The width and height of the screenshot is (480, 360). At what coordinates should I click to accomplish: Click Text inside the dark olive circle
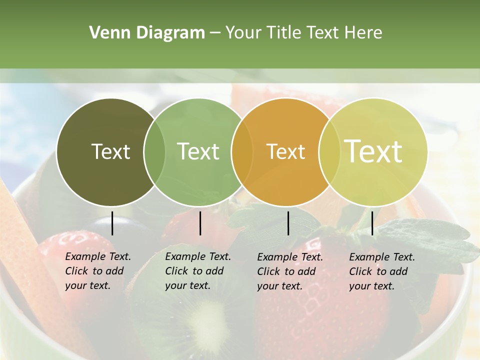click(x=110, y=151)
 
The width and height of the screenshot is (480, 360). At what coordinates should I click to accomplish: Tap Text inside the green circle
click(x=198, y=151)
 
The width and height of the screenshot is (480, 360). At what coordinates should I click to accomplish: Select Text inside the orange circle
click(x=285, y=151)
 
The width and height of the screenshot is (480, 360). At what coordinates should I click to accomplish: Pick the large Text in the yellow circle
click(x=373, y=151)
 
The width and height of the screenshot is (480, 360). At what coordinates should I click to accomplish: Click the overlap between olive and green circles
click(x=154, y=152)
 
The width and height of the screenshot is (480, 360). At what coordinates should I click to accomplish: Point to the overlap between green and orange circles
click(x=242, y=152)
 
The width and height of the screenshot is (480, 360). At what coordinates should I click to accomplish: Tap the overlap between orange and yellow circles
click(x=328, y=152)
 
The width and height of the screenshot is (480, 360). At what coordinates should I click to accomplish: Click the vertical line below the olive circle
click(x=112, y=223)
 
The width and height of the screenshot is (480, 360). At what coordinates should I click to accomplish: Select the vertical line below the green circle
click(x=200, y=223)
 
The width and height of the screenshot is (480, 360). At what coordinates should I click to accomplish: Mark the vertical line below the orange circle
click(x=288, y=223)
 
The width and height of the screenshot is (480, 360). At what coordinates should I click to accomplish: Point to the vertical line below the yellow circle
click(x=372, y=223)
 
